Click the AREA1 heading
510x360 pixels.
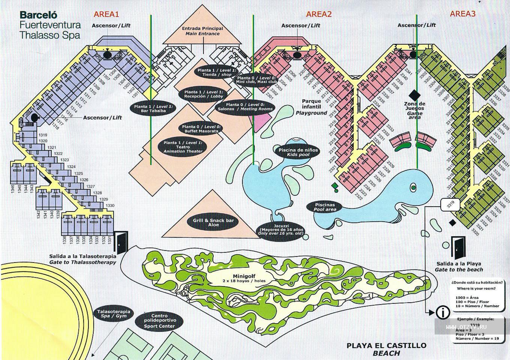(x=106, y=14)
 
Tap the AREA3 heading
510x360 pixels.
(x=462, y=14)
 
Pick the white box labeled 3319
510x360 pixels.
(x=450, y=204)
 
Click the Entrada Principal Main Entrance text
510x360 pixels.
(x=202, y=31)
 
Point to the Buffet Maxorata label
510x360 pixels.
(x=200, y=129)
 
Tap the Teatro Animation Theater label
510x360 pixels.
(x=183, y=147)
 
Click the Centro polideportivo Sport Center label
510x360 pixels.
(x=159, y=321)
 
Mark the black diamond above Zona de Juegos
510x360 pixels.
(x=414, y=94)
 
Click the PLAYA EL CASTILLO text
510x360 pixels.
(x=386, y=345)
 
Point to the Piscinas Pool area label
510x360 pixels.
(x=325, y=207)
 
